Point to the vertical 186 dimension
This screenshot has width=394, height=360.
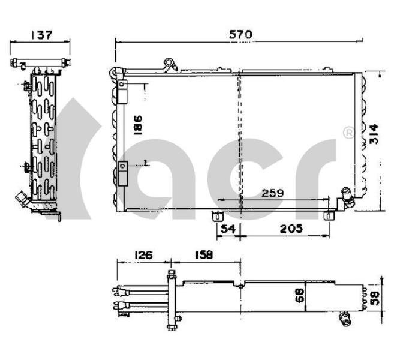pos(137,127)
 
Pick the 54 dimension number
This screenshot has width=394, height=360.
pos(227,229)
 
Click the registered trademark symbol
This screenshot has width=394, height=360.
pos(347,132)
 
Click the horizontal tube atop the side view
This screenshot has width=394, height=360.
pos(41,62)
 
